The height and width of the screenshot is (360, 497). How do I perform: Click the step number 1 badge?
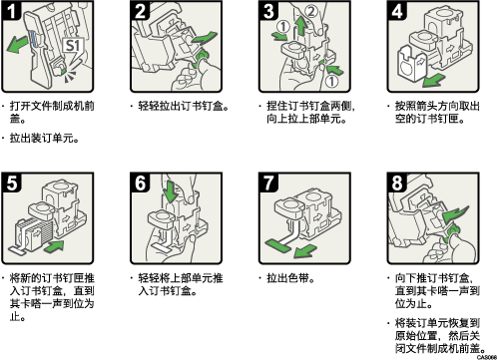11,11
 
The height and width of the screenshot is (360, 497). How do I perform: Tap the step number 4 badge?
397,11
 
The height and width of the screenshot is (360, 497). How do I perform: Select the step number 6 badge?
140,182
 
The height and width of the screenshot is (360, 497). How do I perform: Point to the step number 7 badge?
268,182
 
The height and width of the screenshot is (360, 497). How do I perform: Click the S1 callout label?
73,46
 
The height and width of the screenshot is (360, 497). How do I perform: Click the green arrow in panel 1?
17,44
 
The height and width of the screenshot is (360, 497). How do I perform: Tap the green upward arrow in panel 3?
300,27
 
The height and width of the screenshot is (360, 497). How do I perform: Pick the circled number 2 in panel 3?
310,11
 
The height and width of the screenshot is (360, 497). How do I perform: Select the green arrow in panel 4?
433,80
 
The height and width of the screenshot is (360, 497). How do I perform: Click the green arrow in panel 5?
54,247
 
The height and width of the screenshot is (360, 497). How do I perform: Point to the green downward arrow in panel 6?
172,192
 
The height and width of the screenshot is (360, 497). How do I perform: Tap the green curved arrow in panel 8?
455,214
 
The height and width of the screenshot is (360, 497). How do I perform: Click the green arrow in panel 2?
204,38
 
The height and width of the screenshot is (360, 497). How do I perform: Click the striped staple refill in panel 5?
34,234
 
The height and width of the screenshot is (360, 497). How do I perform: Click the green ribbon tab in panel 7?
278,245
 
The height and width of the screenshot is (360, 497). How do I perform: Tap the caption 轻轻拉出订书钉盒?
184,106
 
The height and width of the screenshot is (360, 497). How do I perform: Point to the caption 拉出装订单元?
44,138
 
